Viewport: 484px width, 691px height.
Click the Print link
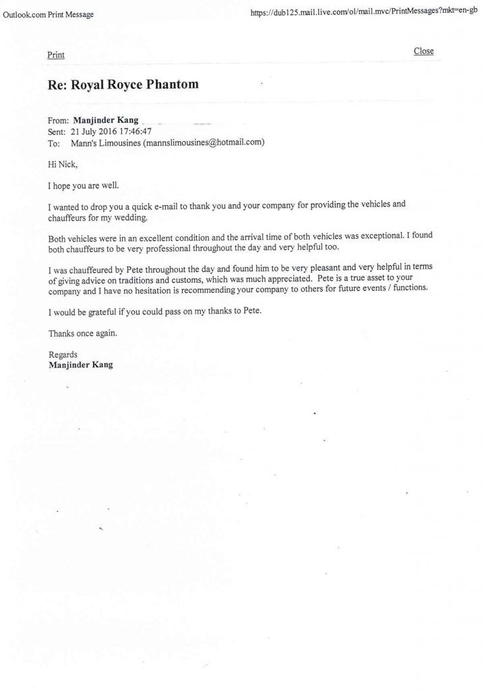click(x=56, y=55)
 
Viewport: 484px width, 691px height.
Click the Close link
click(x=423, y=51)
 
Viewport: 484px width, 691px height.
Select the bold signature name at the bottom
click(x=81, y=365)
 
